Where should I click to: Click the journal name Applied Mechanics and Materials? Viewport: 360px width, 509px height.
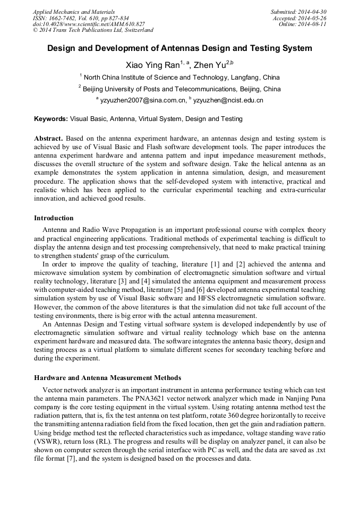point(73,12)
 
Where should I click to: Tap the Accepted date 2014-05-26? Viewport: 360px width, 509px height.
point(313,18)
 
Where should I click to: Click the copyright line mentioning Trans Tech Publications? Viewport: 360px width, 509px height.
point(93,30)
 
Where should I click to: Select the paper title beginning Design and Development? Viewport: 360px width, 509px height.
point(179,48)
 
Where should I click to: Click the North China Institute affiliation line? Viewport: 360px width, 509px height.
point(181,77)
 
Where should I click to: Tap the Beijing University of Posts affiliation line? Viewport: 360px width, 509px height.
point(181,89)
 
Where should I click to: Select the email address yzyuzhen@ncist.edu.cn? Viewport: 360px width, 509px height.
point(228,100)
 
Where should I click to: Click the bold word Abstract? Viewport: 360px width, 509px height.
point(48,138)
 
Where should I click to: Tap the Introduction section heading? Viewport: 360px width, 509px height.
point(54,218)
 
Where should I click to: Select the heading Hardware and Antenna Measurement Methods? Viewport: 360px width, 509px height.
point(107,377)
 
